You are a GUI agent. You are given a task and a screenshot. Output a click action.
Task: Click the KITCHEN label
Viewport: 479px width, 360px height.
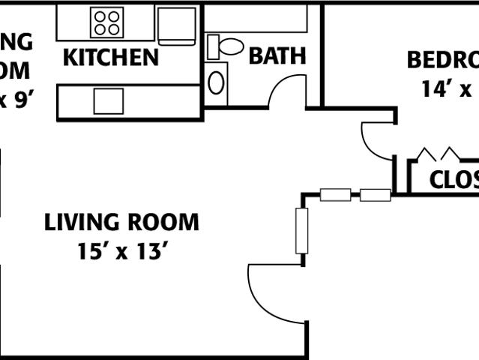[x=110, y=58]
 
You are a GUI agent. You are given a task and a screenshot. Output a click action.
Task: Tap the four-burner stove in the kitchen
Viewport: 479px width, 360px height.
[x=106, y=22]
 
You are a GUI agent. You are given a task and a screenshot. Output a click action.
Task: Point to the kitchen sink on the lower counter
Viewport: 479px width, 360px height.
[x=108, y=100]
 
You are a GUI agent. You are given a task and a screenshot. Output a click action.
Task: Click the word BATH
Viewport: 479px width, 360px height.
[x=277, y=56]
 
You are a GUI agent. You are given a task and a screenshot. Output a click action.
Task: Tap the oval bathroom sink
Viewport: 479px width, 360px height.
[x=217, y=79]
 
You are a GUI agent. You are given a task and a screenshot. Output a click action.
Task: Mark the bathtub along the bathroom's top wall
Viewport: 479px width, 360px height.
[x=255, y=17]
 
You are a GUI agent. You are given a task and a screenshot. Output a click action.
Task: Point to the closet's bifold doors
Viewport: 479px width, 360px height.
[x=439, y=154]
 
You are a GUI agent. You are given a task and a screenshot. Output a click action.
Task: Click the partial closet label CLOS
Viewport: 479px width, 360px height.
[x=454, y=181]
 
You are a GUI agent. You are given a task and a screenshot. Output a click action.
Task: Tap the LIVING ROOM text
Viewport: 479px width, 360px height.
[x=121, y=223]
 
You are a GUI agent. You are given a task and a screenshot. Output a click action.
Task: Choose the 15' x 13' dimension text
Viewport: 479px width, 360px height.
[x=121, y=251]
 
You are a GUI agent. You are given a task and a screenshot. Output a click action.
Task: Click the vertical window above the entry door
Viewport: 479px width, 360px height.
[x=302, y=230]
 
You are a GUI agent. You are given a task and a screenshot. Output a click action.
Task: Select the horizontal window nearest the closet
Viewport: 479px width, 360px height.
[x=375, y=195]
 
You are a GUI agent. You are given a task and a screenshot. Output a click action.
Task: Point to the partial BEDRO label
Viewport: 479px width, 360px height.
[x=442, y=60]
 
